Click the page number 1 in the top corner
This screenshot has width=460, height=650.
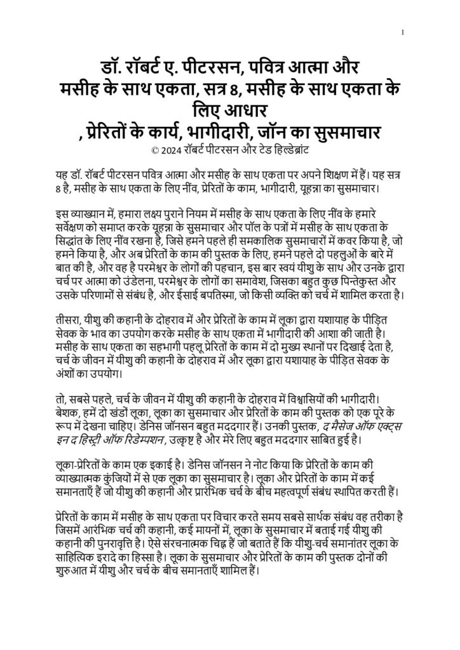click(404, 32)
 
